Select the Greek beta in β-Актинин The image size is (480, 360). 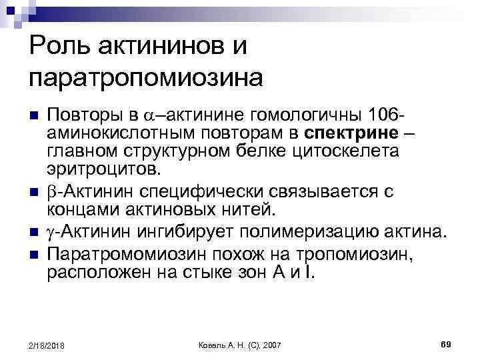(52, 192)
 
